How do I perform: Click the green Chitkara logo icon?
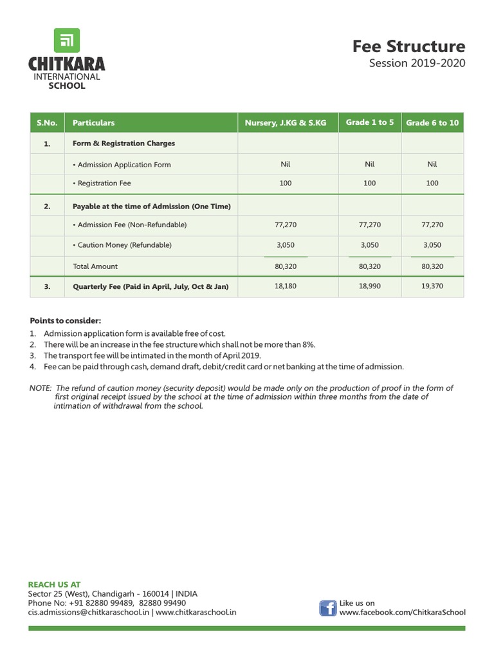66,41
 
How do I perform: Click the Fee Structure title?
408,46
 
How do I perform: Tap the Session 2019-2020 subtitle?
417,64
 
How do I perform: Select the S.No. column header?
47,123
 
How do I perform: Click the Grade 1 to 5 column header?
370,122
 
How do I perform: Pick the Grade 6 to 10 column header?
432,123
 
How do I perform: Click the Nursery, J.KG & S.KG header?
286,123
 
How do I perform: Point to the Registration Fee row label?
104,183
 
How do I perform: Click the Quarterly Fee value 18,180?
286,286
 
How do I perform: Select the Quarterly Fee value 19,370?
432,286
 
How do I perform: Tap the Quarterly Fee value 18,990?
370,286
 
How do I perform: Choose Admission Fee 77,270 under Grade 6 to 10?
432,225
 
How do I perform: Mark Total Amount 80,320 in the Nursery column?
286,266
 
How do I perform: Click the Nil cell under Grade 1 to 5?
370,164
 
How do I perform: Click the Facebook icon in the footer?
328,608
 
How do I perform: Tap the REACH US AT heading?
55,584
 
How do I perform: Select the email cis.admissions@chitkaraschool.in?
89,612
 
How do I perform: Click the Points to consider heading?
66,320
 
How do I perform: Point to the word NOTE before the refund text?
41,387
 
